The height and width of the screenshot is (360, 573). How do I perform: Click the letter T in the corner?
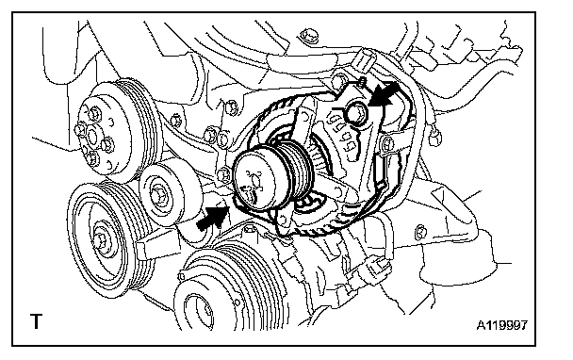pyautogui.click(x=36, y=321)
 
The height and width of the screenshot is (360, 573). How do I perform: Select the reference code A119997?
pyautogui.click(x=502, y=325)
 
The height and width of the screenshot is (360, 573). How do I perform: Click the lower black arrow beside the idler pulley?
pyautogui.click(x=213, y=218)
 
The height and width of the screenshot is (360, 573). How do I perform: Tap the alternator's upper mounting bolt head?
pyautogui.click(x=355, y=113)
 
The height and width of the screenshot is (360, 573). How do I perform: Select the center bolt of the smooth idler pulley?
pyautogui.click(x=158, y=195)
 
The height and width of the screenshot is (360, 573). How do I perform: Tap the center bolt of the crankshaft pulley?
pyautogui.click(x=99, y=240)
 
